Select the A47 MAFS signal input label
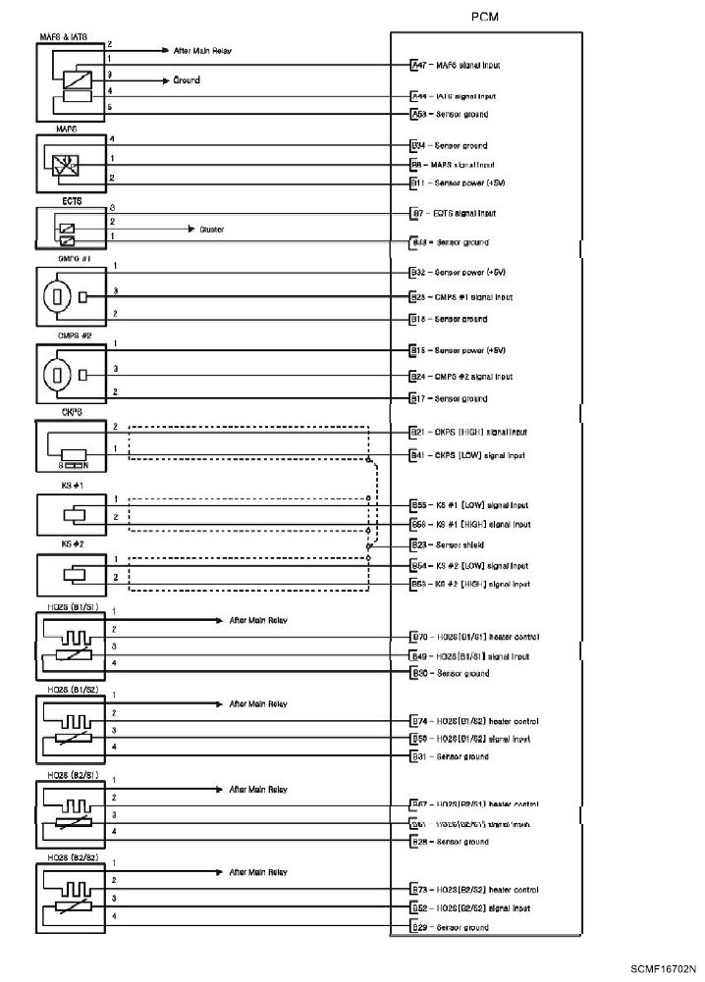click(x=457, y=65)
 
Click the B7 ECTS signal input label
click(x=454, y=213)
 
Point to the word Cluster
click(x=211, y=230)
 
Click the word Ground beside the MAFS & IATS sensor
click(x=187, y=80)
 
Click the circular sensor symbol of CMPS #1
click(x=58, y=296)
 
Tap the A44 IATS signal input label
click(x=455, y=97)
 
